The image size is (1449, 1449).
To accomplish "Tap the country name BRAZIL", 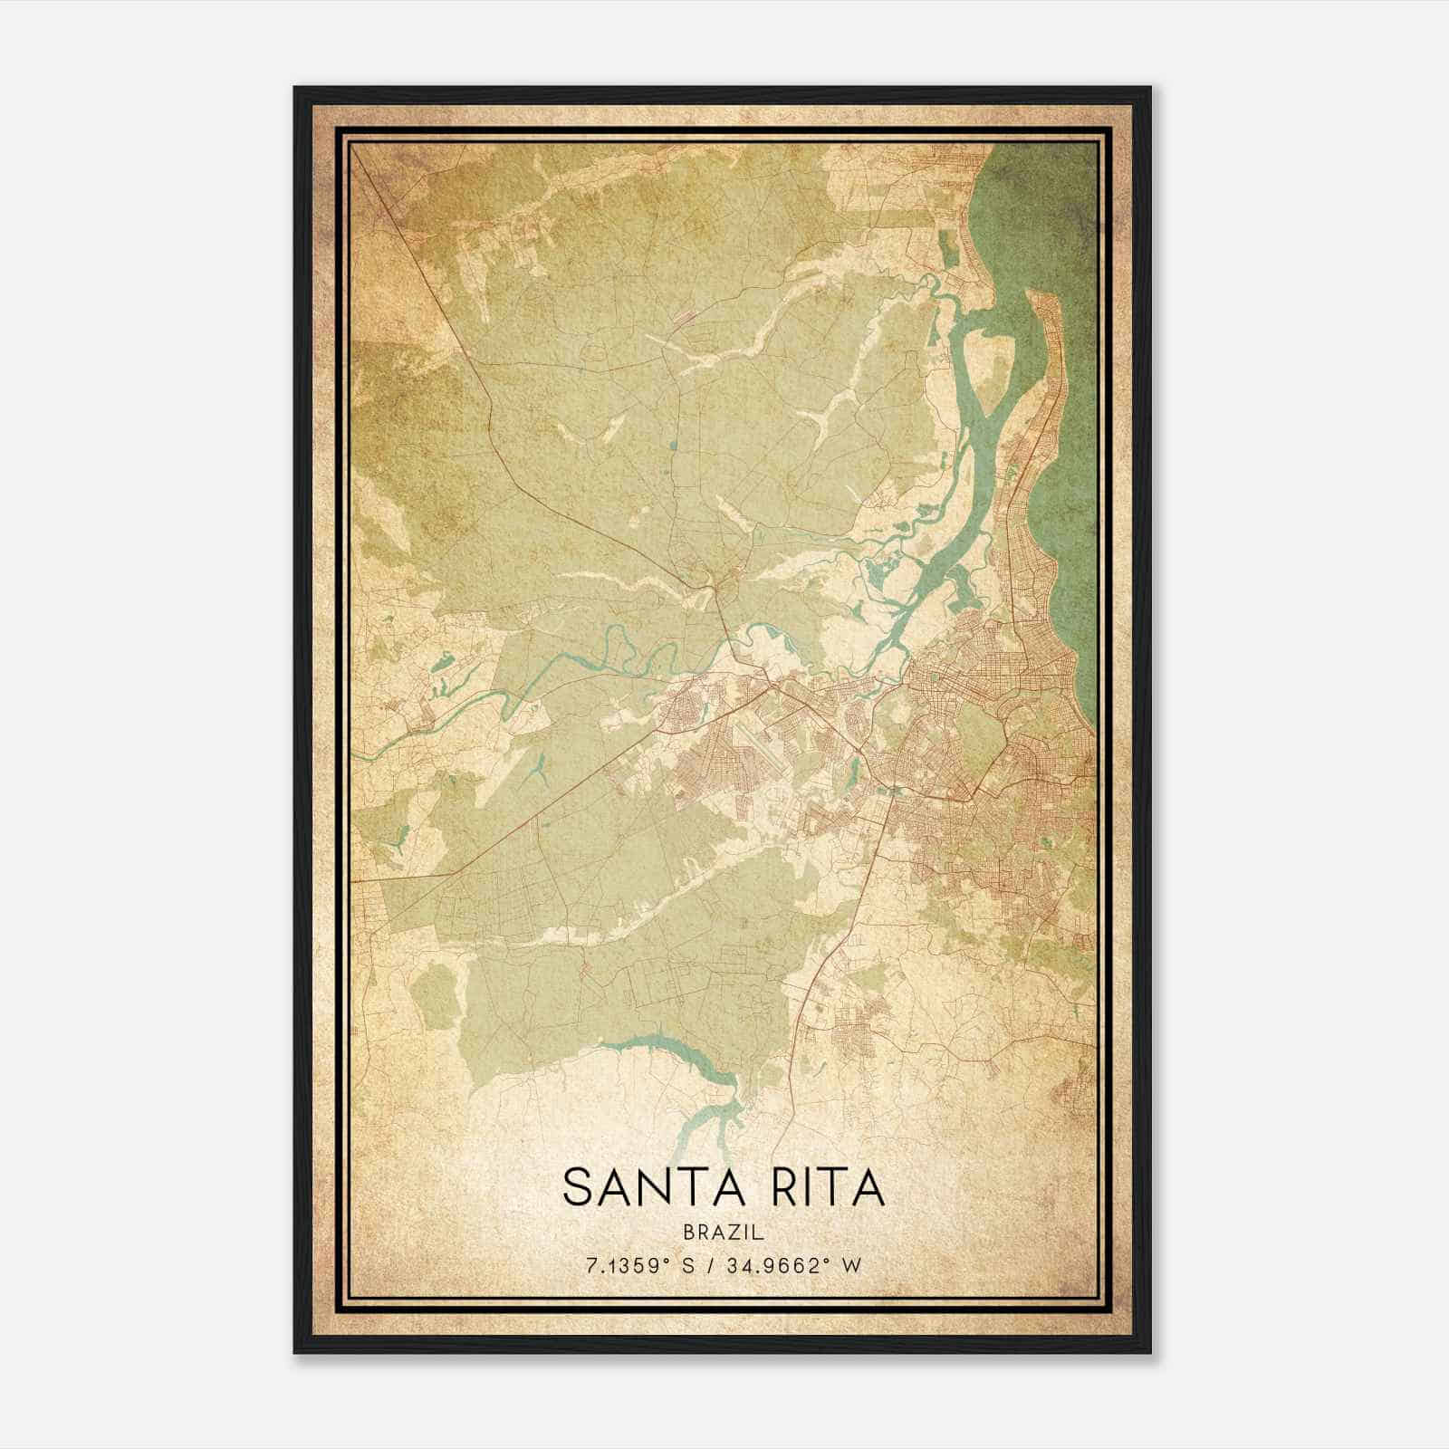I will click(724, 1233).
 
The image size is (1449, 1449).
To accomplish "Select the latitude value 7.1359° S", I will click(639, 1266).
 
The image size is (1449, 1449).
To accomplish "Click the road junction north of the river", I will click(715, 589).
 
